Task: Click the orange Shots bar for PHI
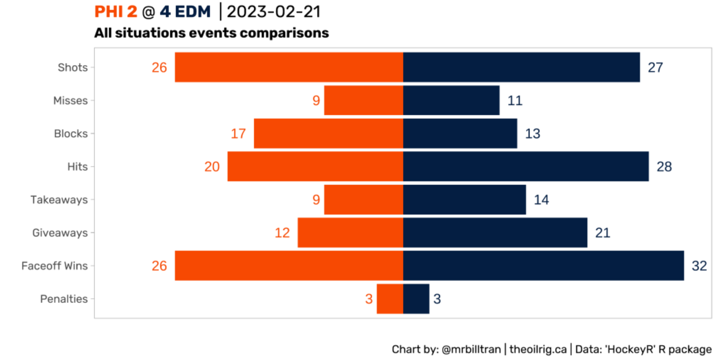[289, 67]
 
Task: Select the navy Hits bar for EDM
[525, 166]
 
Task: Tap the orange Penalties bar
[389, 299]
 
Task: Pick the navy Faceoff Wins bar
[543, 266]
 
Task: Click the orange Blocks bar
[328, 134]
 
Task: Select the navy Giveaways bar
[495, 233]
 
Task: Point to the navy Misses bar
[451, 100]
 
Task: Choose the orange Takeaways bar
[363, 199]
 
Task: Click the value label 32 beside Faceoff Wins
[699, 266]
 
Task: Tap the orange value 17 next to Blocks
[238, 134]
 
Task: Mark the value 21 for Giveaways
[603, 233]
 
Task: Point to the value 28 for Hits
[664, 167]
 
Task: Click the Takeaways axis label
[59, 200]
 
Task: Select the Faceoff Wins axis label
[54, 266]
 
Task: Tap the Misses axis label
[71, 100]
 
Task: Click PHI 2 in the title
[116, 12]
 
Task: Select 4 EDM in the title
[185, 12]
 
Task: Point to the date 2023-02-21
[274, 12]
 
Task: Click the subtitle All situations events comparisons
[211, 33]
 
